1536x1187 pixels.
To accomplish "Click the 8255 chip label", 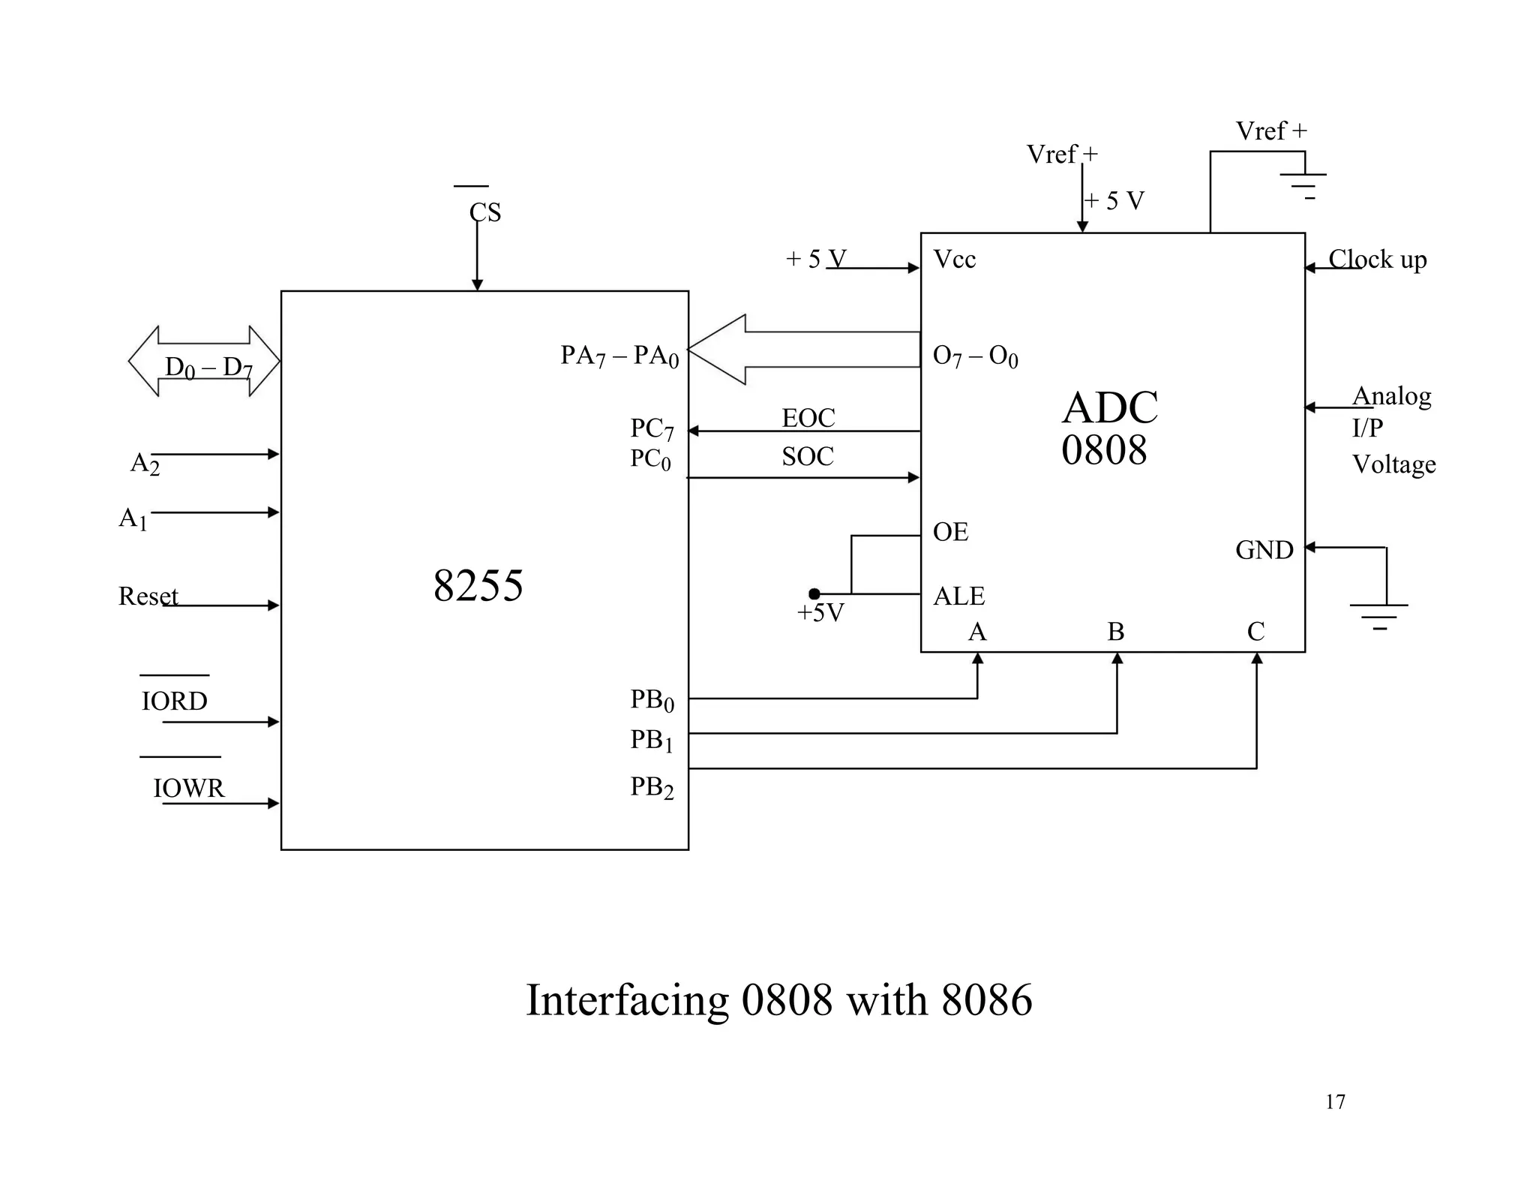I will (x=478, y=585).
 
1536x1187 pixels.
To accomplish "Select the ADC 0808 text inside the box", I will (x=1108, y=428).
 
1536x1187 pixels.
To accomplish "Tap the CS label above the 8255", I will (x=484, y=212).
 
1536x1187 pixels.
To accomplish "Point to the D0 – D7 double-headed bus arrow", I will (x=205, y=362).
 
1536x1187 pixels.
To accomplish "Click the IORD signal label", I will (x=174, y=701).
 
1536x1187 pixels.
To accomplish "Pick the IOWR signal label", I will (x=188, y=788).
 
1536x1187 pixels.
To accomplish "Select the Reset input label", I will (x=148, y=597).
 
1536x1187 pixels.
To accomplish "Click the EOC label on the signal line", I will (x=808, y=418).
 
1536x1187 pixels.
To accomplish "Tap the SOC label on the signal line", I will (x=807, y=456).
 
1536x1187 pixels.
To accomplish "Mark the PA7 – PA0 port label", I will (x=619, y=356).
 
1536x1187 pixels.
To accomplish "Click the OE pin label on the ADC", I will (x=950, y=532).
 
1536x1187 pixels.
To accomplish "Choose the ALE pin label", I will (x=958, y=597).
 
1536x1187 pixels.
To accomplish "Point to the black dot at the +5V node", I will (x=814, y=594).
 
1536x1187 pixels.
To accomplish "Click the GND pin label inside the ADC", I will (x=1264, y=550).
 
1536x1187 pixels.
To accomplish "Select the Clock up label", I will (x=1377, y=260).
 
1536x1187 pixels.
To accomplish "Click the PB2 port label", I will (x=651, y=787).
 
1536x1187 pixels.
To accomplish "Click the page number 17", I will (x=1334, y=1101).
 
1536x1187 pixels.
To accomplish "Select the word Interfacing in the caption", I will (x=627, y=1000).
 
